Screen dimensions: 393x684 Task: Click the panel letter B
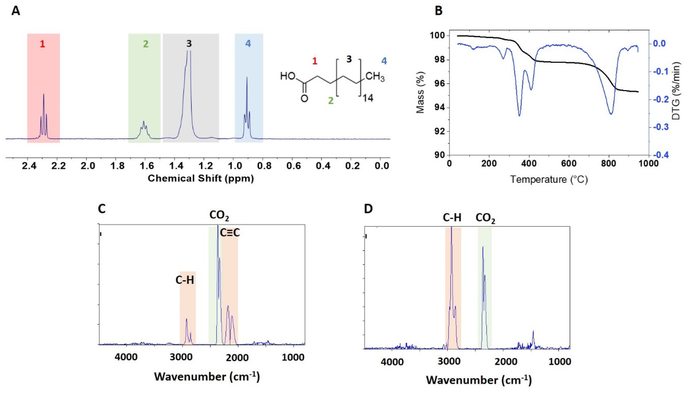pyautogui.click(x=439, y=11)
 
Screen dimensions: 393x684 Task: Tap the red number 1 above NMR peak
pyautogui.click(x=42, y=44)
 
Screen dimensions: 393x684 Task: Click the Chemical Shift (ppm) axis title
pyautogui.click(x=201, y=178)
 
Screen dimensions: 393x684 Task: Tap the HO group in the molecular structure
pyautogui.click(x=288, y=76)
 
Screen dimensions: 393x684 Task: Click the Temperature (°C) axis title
pyautogui.click(x=549, y=179)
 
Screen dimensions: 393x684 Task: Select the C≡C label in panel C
pyautogui.click(x=230, y=233)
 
